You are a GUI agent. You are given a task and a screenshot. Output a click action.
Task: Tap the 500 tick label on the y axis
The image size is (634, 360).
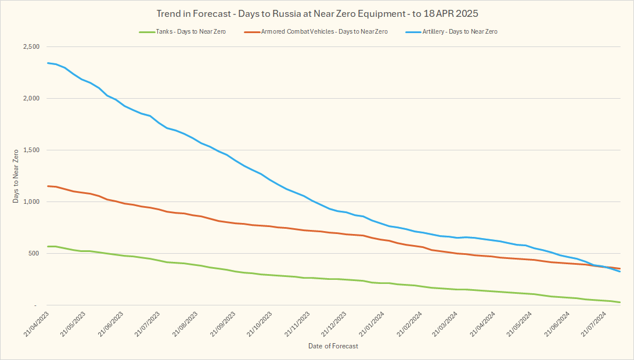(x=34, y=254)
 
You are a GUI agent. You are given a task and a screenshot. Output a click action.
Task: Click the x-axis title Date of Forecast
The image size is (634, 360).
(x=333, y=346)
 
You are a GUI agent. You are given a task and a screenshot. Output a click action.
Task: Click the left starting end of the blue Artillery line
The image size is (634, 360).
(x=48, y=63)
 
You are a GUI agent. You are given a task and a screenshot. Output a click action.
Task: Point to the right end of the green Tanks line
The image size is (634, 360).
(x=620, y=302)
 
